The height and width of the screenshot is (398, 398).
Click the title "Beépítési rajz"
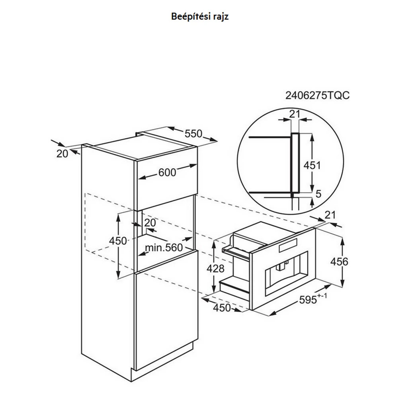[x=200, y=16]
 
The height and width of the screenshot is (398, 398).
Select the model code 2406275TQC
[x=317, y=96]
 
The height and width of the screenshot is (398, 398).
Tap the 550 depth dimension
[x=193, y=133]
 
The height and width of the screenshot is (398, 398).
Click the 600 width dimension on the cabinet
[x=167, y=172]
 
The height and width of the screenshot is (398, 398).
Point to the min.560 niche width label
[x=164, y=248]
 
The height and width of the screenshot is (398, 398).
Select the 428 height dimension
[x=215, y=268]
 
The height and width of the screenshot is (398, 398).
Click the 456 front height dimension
[x=339, y=261]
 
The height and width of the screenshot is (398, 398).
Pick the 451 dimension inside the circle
[x=312, y=166]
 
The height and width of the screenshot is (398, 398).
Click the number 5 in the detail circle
[x=318, y=194]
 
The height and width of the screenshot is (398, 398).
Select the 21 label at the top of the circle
[x=295, y=114]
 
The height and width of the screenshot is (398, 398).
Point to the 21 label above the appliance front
[x=330, y=215]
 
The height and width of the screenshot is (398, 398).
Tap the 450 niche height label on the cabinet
[x=118, y=241]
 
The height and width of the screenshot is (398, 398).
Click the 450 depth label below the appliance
[x=222, y=308]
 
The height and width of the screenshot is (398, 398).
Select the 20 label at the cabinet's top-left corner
[x=62, y=154]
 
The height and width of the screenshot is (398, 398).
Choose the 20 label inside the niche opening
[x=150, y=222]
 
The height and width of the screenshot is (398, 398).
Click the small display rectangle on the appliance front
[x=288, y=246]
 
